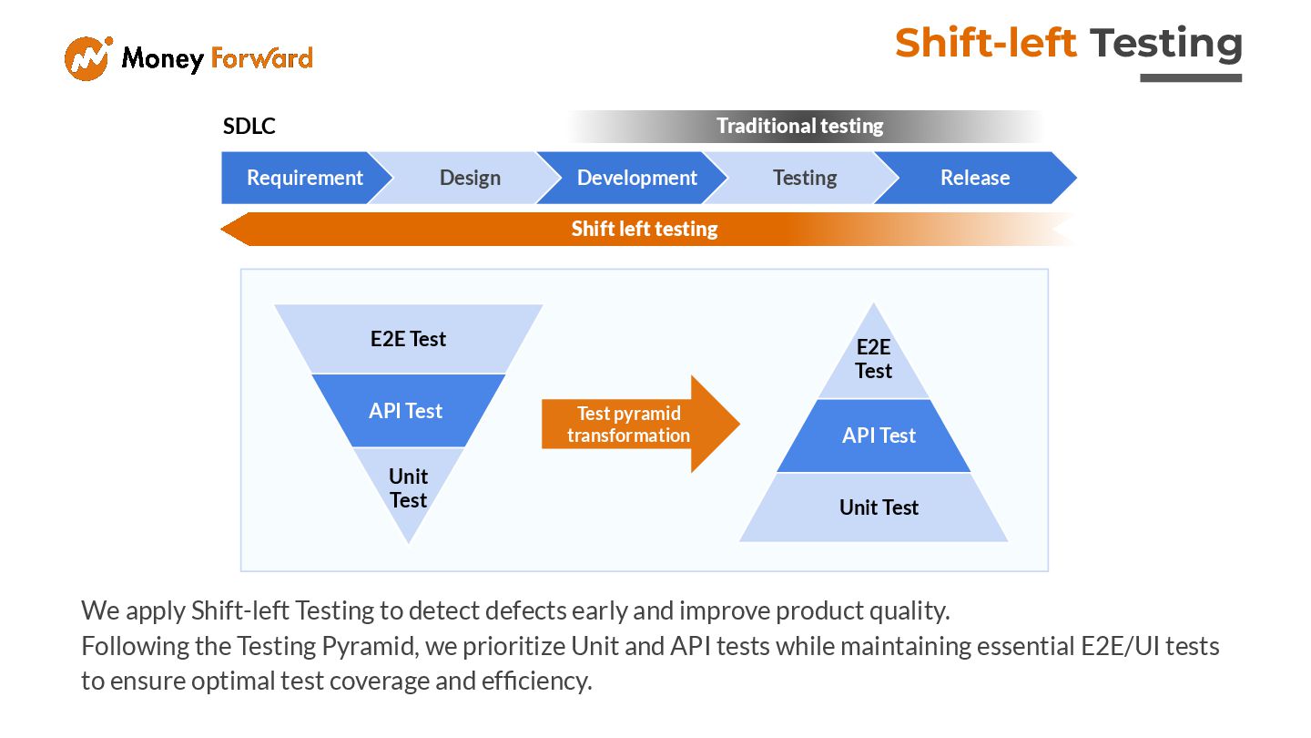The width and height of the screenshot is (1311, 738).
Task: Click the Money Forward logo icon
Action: pos(87,58)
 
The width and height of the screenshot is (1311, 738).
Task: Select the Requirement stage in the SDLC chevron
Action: pos(304,178)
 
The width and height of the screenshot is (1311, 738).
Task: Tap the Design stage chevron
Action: pos(470,178)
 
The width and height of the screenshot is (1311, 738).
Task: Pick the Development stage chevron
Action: pos(636,178)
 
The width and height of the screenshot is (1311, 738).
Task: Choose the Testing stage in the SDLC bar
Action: pos(804,178)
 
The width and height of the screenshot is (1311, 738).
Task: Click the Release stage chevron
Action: pos(974,178)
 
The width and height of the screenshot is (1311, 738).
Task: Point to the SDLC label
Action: pos(249,127)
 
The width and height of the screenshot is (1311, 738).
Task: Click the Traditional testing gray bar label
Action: pos(799,126)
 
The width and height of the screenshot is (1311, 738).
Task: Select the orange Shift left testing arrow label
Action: pos(644,229)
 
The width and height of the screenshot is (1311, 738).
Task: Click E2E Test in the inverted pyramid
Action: pos(408,339)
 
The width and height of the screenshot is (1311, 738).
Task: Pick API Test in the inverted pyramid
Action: pos(405,411)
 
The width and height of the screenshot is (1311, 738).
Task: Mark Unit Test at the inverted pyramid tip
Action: pos(408,488)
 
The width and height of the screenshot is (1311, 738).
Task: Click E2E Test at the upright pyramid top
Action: pos(873,359)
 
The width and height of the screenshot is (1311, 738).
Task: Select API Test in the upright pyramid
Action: pos(879,436)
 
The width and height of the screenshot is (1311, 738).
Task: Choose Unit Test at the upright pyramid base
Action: pos(879,507)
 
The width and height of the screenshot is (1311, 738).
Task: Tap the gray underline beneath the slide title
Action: pos(1191,78)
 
